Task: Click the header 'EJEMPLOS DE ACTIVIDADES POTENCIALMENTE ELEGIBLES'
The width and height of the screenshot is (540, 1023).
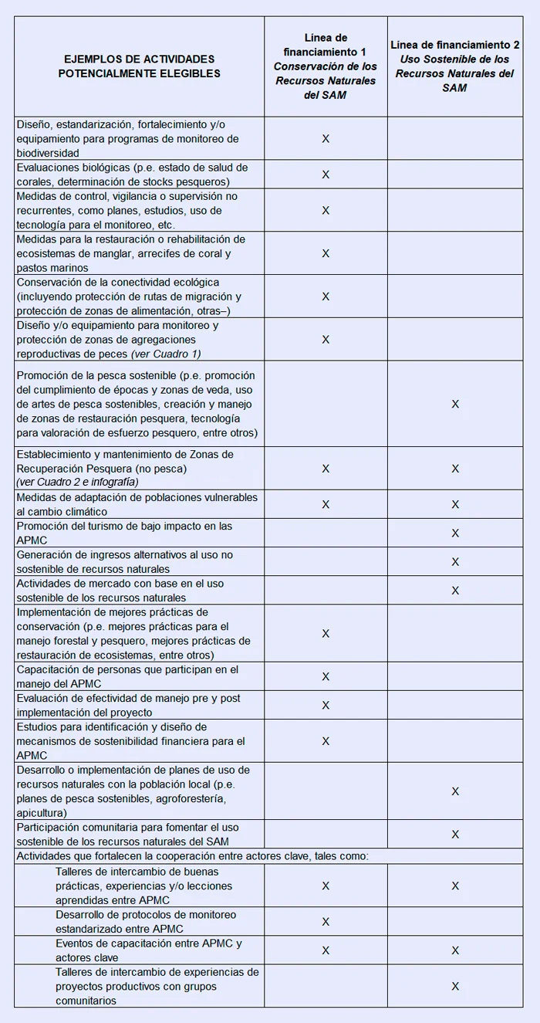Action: tap(139, 66)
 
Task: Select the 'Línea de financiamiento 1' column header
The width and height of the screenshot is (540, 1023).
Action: tap(325, 66)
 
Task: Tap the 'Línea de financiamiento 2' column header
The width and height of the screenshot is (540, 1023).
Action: tap(455, 66)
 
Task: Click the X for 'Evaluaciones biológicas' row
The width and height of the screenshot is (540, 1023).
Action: tap(326, 174)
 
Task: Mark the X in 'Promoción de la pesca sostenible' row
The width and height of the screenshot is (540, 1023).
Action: tap(455, 404)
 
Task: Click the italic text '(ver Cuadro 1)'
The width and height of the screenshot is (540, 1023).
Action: tap(166, 354)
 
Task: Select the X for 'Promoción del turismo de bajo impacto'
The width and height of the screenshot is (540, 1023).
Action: tap(455, 534)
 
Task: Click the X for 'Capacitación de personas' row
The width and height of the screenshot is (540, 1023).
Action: tap(326, 676)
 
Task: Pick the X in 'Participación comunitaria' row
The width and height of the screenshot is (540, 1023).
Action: tap(455, 834)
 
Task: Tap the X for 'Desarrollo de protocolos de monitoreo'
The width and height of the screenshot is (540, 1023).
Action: tap(326, 921)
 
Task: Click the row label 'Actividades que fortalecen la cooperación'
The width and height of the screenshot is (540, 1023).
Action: tap(193, 855)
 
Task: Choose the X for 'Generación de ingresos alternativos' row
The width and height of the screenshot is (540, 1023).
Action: tap(455, 562)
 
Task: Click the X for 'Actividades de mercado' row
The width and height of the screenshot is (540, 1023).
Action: tap(455, 591)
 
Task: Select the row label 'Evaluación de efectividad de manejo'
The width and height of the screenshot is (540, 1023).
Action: tap(129, 705)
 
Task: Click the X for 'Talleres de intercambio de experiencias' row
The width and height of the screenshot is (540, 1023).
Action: tap(455, 986)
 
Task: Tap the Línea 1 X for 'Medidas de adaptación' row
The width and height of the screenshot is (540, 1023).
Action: tap(326, 505)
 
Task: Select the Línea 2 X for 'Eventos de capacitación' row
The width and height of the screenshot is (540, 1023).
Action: tap(455, 950)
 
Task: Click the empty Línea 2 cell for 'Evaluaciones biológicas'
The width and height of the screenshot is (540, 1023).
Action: tap(455, 174)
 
